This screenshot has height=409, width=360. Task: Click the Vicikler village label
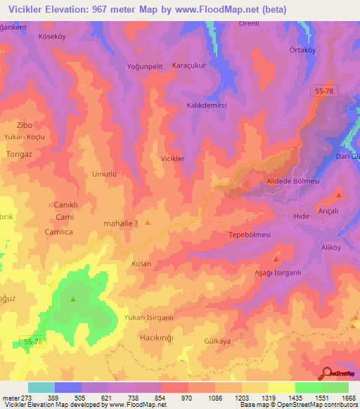[x=173, y=159]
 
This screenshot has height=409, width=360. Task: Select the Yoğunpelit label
[x=146, y=66]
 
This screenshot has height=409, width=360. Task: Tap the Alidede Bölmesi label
[x=292, y=181]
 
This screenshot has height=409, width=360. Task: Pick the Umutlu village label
[x=104, y=174]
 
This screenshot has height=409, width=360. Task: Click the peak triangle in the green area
[x=73, y=299]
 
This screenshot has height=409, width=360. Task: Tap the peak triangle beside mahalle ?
[x=148, y=223]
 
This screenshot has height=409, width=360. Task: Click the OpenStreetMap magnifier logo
[x=327, y=373]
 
